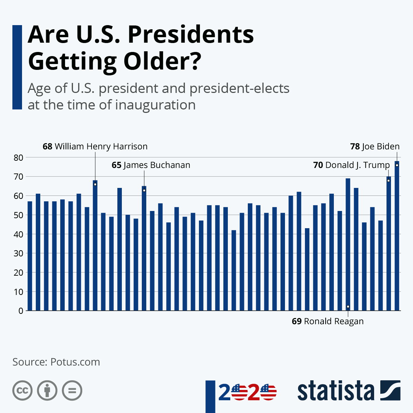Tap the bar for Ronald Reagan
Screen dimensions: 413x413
click(x=348, y=244)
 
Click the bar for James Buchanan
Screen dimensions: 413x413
click(x=144, y=248)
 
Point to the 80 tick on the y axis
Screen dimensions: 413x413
click(x=19, y=158)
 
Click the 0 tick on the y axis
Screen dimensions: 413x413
click(x=21, y=311)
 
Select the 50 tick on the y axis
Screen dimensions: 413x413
click(x=19, y=215)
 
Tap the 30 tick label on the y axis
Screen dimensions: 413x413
click(x=19, y=254)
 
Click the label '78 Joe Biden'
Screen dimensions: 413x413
click(x=375, y=146)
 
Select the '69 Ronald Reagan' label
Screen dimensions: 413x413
click(x=328, y=321)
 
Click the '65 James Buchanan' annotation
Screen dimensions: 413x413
click(x=151, y=165)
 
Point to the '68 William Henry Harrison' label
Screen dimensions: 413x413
click(x=95, y=146)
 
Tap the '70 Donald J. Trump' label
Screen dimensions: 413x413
click(x=351, y=165)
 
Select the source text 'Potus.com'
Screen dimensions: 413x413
click(x=75, y=362)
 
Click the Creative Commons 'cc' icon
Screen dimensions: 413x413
click(x=22, y=391)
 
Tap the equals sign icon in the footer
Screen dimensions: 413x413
click(x=72, y=391)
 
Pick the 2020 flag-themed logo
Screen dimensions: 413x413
click(x=247, y=392)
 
